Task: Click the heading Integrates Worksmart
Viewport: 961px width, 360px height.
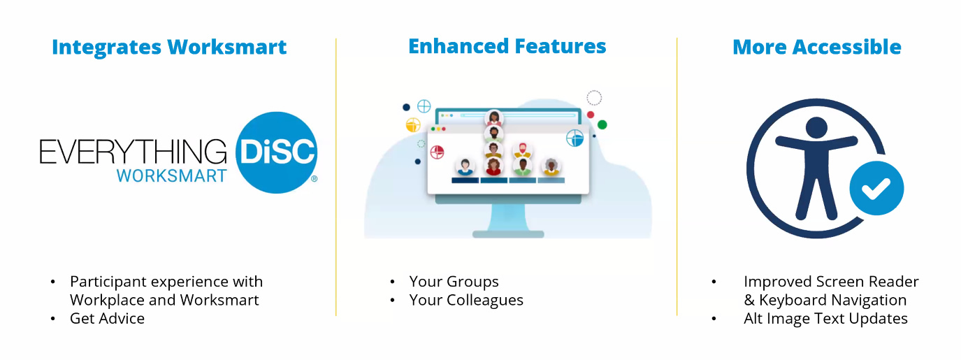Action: pyautogui.click(x=169, y=48)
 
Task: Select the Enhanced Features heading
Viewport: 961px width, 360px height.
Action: pyautogui.click(x=507, y=46)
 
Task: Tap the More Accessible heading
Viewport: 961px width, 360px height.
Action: pyautogui.click(x=817, y=48)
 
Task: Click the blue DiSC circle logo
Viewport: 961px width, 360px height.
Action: pyautogui.click(x=277, y=153)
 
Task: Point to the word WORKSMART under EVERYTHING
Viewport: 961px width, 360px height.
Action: pyautogui.click(x=172, y=176)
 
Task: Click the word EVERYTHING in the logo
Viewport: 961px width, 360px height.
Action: pyautogui.click(x=133, y=152)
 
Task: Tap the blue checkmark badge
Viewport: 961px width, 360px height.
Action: pyautogui.click(x=877, y=188)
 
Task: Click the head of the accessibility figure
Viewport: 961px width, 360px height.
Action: pyautogui.click(x=816, y=127)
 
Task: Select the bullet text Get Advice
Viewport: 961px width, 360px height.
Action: pyautogui.click(x=107, y=319)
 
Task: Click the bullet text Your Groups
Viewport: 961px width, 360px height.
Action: pyautogui.click(x=454, y=282)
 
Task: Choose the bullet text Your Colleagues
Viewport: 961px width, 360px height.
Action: pyautogui.click(x=466, y=301)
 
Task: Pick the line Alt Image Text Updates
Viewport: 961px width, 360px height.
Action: pyautogui.click(x=826, y=319)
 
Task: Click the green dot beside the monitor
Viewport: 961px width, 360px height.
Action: pyautogui.click(x=602, y=125)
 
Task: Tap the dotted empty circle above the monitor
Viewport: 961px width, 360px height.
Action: pyautogui.click(x=594, y=98)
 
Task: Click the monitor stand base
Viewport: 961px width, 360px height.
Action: pyautogui.click(x=508, y=234)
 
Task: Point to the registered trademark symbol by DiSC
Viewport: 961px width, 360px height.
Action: pyautogui.click(x=314, y=178)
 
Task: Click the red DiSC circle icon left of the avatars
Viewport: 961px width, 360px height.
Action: pyautogui.click(x=438, y=152)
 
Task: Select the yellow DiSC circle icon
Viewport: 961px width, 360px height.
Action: pyautogui.click(x=413, y=125)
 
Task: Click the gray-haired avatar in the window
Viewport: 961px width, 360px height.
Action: pyautogui.click(x=551, y=166)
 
